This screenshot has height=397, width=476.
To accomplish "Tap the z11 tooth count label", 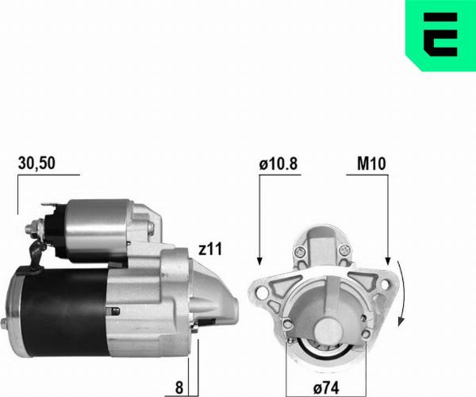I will coord(209,249).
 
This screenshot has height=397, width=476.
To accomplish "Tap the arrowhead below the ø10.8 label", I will coord(259,260).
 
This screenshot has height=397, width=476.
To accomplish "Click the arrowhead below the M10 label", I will coord(386,260).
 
